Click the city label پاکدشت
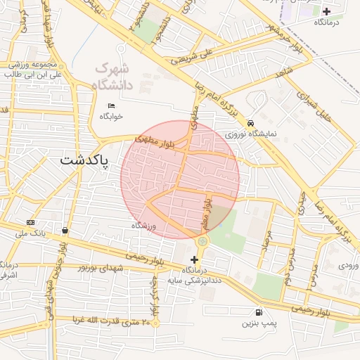click(84, 160)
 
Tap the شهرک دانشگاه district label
click(112, 77)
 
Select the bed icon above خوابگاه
click(111, 105)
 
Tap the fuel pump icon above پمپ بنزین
click(259, 312)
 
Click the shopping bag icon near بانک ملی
click(65, 230)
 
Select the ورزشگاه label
click(143, 225)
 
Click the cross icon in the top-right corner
click(326, 11)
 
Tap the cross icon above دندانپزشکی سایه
click(195, 259)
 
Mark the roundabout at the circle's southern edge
click(202, 241)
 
